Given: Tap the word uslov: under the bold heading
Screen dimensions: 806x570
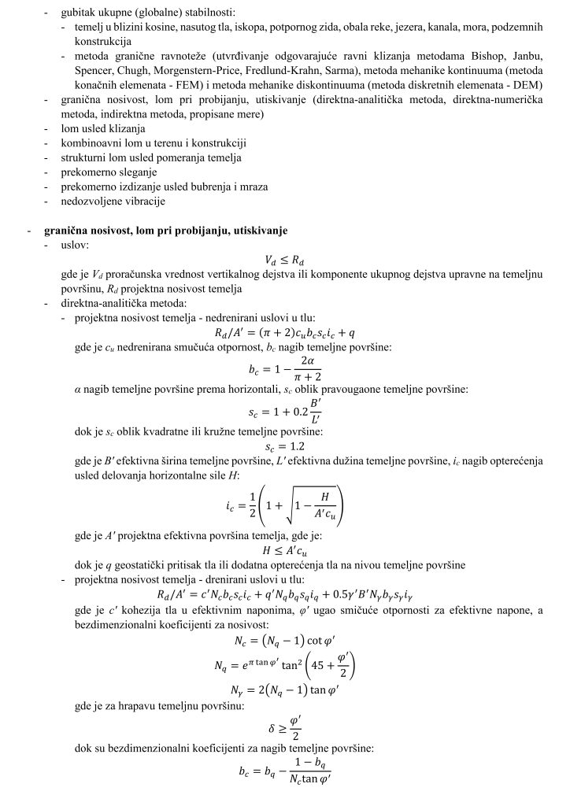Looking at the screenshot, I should click(76, 245).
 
